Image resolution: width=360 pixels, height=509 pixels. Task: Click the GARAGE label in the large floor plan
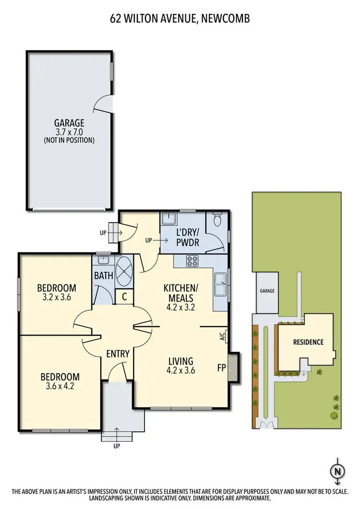pyautogui.click(x=69, y=123)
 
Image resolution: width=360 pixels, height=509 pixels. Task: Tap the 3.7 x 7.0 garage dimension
pyautogui.click(x=69, y=131)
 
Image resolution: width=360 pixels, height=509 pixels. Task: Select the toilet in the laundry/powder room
pyautogui.click(x=216, y=221)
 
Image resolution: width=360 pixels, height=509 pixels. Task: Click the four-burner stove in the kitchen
pyautogui.click(x=193, y=261)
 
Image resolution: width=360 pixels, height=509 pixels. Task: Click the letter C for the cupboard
pyautogui.click(x=124, y=297)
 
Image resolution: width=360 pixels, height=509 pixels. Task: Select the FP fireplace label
pyautogui.click(x=221, y=368)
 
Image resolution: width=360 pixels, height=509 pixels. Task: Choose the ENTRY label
pyautogui.click(x=118, y=354)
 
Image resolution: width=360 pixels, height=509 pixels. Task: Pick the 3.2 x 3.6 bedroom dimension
pyautogui.click(x=57, y=297)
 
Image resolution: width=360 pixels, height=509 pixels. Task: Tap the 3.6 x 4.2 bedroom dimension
pyautogui.click(x=60, y=386)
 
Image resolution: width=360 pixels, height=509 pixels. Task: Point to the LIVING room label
pyautogui.click(x=180, y=361)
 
